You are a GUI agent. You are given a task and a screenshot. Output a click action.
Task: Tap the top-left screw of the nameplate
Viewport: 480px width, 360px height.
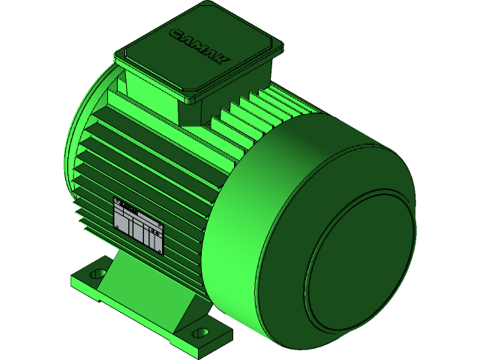click(x=117, y=202)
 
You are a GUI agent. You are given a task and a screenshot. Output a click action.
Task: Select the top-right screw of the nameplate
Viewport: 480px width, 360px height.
click(x=161, y=223)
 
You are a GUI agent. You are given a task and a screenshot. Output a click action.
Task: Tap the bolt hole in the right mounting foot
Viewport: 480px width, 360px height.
click(x=199, y=331)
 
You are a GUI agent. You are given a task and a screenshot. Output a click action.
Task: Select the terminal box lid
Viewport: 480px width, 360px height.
click(x=199, y=52)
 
